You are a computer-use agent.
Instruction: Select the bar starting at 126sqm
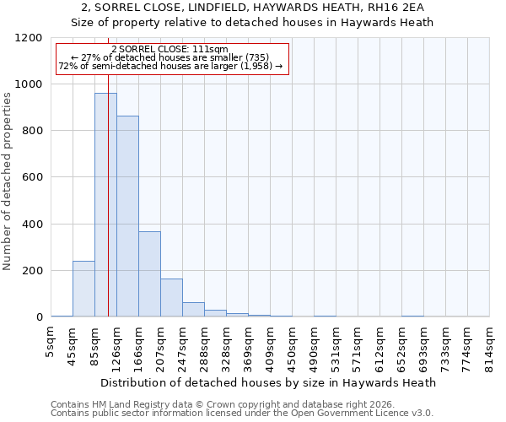point(127,216)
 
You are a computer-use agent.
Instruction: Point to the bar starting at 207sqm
point(171,298)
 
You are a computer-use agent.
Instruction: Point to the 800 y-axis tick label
point(32,131)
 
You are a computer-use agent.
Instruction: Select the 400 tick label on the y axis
point(32,225)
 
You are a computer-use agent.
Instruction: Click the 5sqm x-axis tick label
point(51,341)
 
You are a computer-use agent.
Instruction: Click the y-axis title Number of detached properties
point(8,177)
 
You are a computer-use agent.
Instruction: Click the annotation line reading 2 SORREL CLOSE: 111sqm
point(170,49)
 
